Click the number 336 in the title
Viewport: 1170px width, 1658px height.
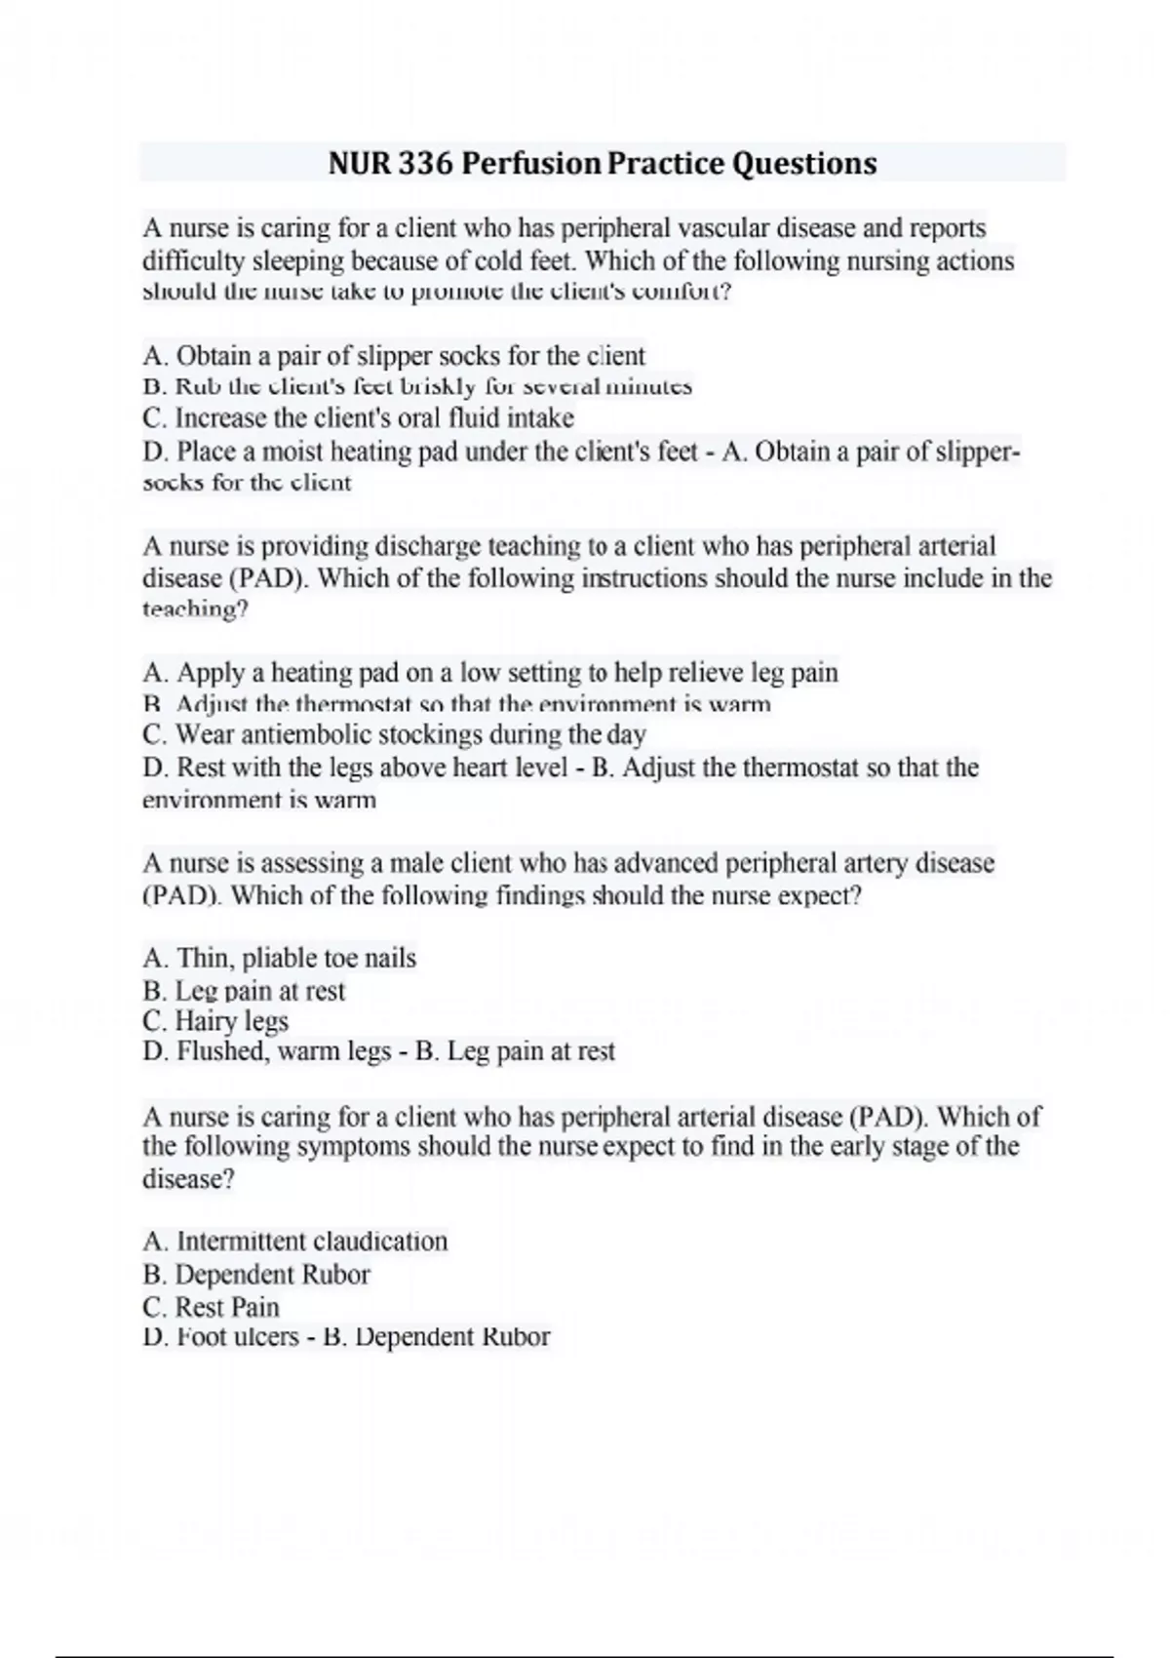[x=424, y=163]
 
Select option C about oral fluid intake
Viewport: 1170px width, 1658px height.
[x=358, y=418]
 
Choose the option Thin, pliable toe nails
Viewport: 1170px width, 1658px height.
[x=279, y=959]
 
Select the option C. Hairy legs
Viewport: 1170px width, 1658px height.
[x=215, y=1021]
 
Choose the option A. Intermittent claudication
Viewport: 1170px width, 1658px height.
[x=294, y=1242]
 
